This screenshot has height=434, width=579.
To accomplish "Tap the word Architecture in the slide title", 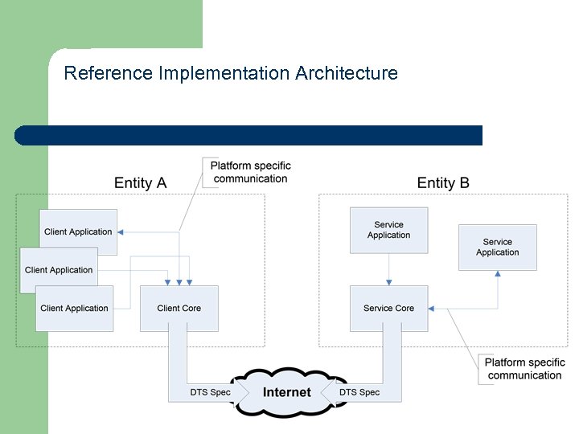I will [346, 74].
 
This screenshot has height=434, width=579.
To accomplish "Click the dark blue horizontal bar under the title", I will [249, 135].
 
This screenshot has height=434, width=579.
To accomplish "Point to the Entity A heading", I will [140, 183].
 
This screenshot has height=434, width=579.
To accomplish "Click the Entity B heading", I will [442, 183].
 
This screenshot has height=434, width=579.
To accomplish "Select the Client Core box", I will [179, 308].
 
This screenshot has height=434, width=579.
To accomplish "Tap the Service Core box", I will [388, 308].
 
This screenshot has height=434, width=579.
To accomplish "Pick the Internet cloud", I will [286, 392].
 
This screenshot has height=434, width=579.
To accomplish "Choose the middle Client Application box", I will [59, 270].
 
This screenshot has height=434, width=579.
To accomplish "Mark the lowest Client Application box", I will [74, 308].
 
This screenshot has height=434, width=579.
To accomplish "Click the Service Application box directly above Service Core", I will [388, 230].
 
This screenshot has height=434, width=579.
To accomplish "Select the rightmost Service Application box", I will [497, 247].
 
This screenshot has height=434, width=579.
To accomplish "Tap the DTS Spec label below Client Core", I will [210, 392].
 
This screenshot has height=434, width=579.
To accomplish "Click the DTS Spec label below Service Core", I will [359, 392].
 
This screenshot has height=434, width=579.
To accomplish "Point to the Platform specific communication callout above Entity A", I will [250, 172].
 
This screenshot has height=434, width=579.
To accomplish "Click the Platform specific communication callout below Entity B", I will [524, 370].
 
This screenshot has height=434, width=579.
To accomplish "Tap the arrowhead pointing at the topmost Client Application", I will [121, 231].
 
